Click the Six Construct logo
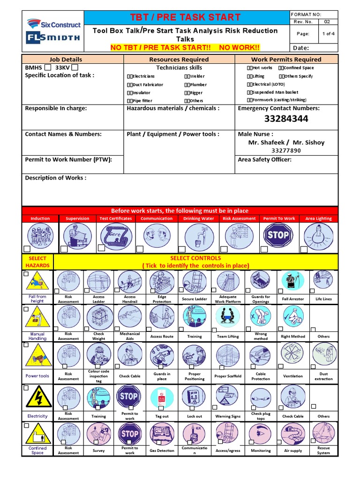pyautogui.click(x=53, y=23)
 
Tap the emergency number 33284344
pyautogui.click(x=286, y=119)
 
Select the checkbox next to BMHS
pyautogui.click(x=48, y=67)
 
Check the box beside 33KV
pyautogui.click(x=75, y=67)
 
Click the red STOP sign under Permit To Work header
pyautogui.click(x=277, y=235)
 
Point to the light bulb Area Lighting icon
pyautogui.click(x=318, y=235)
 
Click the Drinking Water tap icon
pyautogui.click(x=199, y=235)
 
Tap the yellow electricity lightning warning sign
pyautogui.click(x=39, y=397)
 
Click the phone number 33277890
pyautogui.click(x=286, y=150)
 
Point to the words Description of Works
pyautogui.click(x=55, y=178)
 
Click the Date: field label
pyautogui.click(x=300, y=48)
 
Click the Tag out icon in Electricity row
pyautogui.click(x=162, y=397)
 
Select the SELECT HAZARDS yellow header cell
pyautogui.click(x=38, y=262)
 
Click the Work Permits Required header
pyautogui.click(x=286, y=60)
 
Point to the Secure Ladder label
pyautogui.click(x=195, y=299)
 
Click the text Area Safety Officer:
pyautogui.click(x=264, y=160)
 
